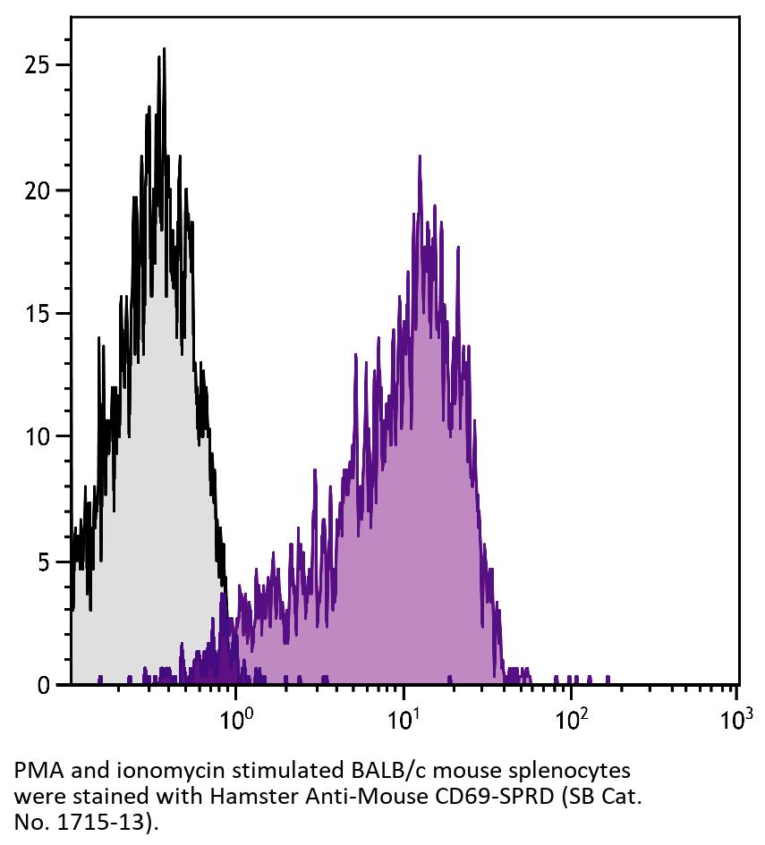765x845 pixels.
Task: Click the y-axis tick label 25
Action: tap(37, 65)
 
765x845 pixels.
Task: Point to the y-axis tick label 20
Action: tap(37, 190)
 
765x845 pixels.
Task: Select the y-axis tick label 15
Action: tap(37, 314)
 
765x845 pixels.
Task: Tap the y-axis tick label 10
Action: tap(37, 437)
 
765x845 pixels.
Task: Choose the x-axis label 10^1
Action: tap(404, 717)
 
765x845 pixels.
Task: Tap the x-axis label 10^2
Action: tap(571, 717)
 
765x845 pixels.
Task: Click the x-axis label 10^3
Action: tap(735, 717)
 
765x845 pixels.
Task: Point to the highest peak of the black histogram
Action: tap(164, 49)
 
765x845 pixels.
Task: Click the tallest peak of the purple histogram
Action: tap(419, 156)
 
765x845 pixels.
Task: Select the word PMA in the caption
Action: tap(33, 771)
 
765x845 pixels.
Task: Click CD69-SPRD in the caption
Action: tap(447, 795)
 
